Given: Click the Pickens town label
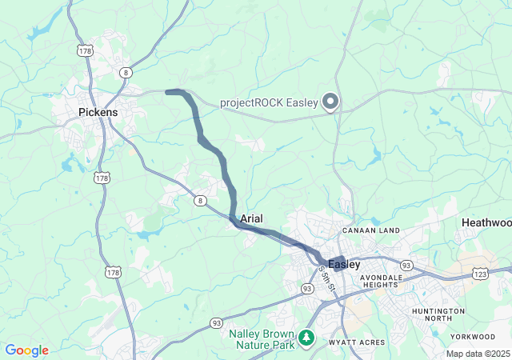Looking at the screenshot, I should click(x=98, y=113).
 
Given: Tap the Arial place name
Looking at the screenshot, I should click(x=252, y=218).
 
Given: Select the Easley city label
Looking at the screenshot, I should click(x=344, y=263).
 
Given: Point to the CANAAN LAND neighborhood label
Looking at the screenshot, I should click(x=370, y=231).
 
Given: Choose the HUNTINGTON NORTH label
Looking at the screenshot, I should click(x=438, y=314).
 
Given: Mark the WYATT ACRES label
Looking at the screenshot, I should click(x=356, y=342).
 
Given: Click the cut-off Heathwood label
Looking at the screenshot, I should click(x=486, y=222).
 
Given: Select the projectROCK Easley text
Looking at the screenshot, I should click(x=268, y=102).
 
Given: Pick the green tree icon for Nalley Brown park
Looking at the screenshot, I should click(x=306, y=339).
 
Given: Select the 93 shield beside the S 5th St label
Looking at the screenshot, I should click(x=307, y=288).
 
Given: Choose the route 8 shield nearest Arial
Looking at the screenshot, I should click(x=199, y=201).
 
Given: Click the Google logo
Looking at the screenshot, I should click(x=26, y=350).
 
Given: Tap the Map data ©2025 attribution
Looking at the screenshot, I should click(x=478, y=354).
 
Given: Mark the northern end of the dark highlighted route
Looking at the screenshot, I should click(x=167, y=92).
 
